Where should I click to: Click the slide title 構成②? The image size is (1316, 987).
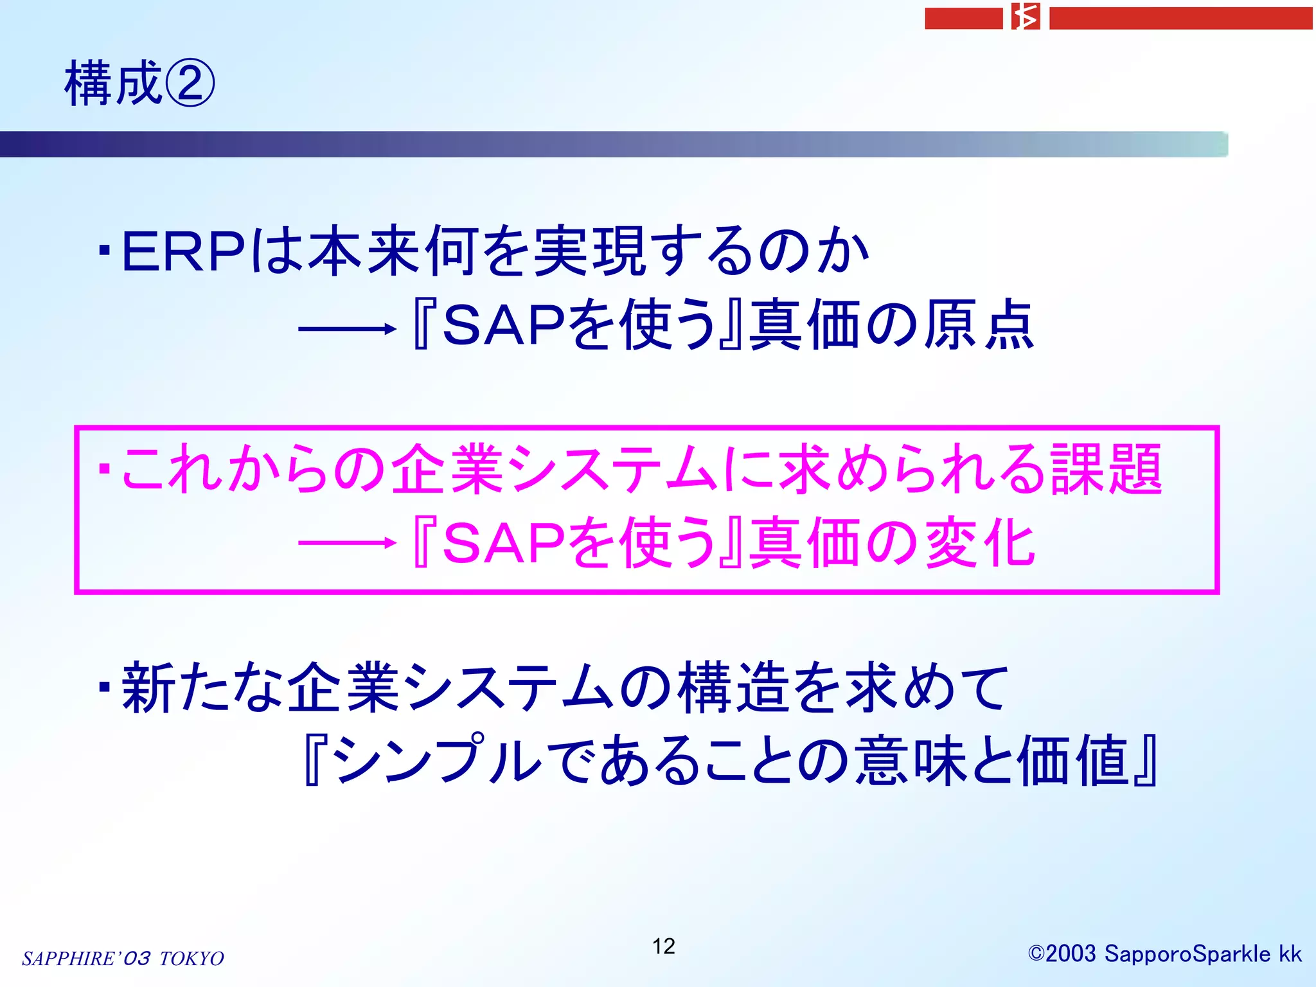point(139,84)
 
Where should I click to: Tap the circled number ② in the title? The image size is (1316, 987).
point(190,84)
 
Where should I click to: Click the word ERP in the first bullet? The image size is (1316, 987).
point(184,251)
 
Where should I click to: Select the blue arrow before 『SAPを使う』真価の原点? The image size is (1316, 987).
point(347,329)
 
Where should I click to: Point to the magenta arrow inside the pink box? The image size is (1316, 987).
point(347,543)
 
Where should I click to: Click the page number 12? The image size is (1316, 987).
point(663,946)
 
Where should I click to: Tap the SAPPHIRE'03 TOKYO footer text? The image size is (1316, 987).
point(123,958)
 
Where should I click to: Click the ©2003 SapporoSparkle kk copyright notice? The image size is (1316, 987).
point(1164,954)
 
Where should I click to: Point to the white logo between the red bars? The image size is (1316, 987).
point(1026,17)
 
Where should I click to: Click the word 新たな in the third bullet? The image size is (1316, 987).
point(203,688)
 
